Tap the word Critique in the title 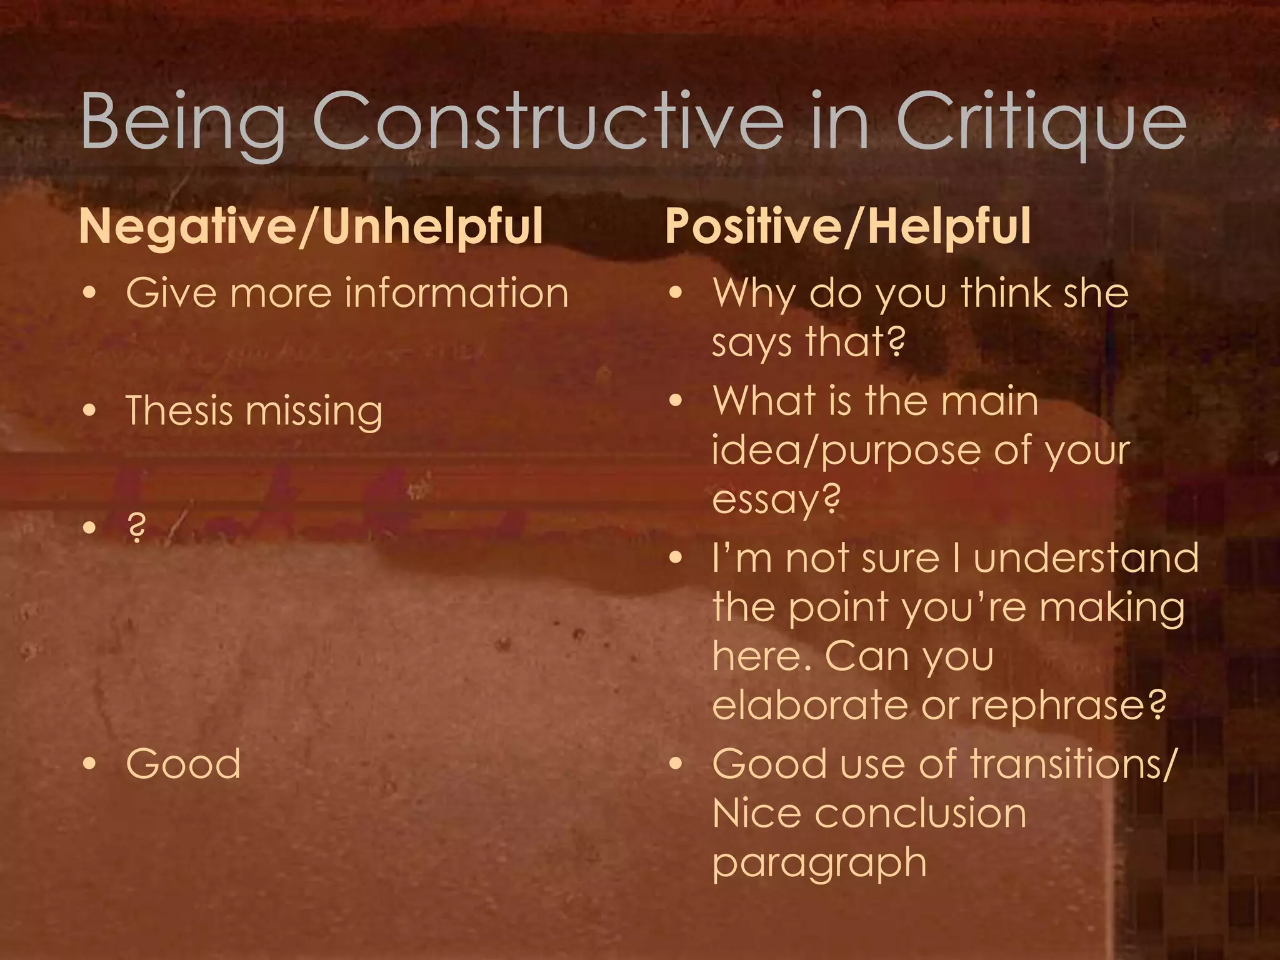tap(1041, 122)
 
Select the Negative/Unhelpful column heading tap(311, 226)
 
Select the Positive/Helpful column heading tap(847, 226)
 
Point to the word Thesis tap(179, 411)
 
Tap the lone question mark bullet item tap(136, 528)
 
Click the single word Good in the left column tap(183, 764)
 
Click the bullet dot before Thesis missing tap(91, 411)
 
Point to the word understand tap(1086, 557)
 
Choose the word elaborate tap(809, 705)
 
